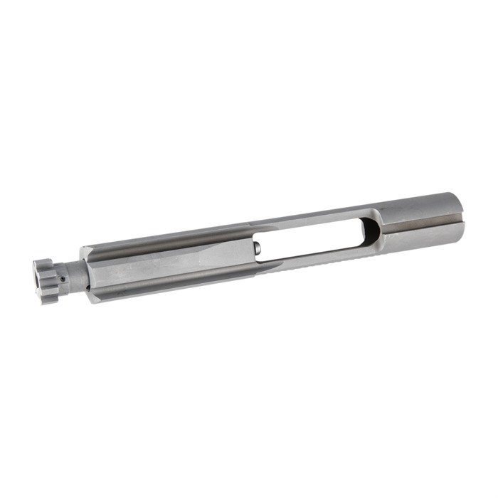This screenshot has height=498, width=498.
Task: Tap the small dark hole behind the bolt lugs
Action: click(62, 279)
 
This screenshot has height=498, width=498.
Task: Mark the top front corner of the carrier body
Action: click(83, 249)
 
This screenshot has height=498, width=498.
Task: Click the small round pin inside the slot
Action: click(258, 249)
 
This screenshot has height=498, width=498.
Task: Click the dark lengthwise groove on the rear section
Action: click(420, 221)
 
